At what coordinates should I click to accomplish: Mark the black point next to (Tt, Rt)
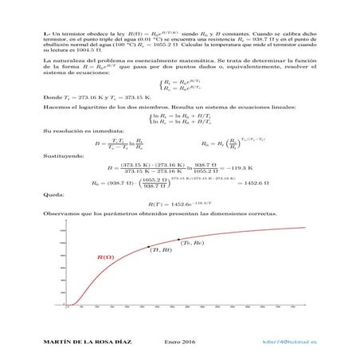click(146, 247)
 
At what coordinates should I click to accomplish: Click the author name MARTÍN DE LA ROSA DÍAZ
click(82, 341)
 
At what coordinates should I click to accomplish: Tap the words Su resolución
click(62, 131)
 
